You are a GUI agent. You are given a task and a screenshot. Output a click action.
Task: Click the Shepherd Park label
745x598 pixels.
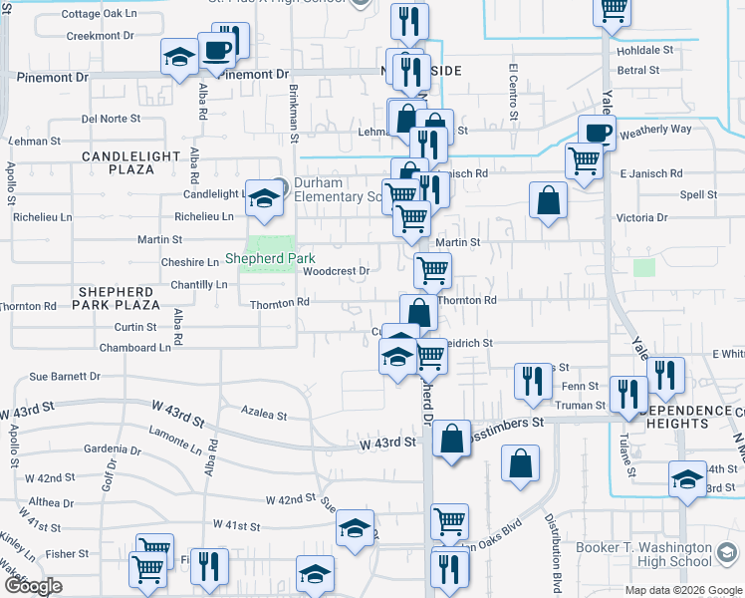pyautogui.click(x=270, y=259)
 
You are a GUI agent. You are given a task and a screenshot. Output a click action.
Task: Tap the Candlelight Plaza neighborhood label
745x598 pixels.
pyautogui.click(x=118, y=162)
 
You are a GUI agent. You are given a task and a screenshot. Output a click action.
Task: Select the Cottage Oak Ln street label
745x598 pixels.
pyautogui.click(x=98, y=14)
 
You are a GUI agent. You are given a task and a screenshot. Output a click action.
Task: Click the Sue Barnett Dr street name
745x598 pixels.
pyautogui.click(x=65, y=377)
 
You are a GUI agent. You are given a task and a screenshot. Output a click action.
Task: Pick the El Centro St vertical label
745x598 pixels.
pyautogui.click(x=514, y=92)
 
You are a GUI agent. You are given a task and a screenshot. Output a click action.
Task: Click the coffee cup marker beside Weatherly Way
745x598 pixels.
pyautogui.click(x=597, y=132)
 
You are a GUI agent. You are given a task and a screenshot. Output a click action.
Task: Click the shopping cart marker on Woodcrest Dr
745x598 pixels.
pyautogui.click(x=432, y=268)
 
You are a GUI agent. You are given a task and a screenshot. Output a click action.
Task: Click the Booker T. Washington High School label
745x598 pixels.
pyautogui.click(x=644, y=554)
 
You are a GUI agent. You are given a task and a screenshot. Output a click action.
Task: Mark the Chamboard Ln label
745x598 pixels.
pyautogui.click(x=134, y=348)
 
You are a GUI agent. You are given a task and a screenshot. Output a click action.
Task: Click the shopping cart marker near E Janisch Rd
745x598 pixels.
pyautogui.click(x=584, y=159)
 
